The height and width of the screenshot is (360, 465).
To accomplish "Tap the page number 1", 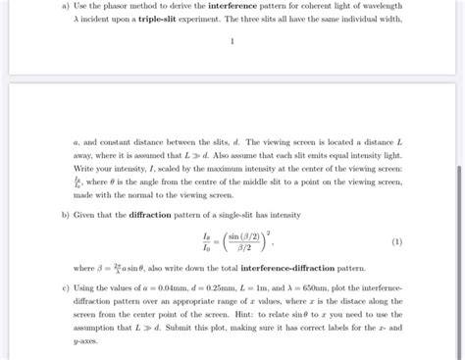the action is click(x=232, y=42).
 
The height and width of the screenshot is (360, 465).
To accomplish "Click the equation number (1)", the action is click(x=396, y=241).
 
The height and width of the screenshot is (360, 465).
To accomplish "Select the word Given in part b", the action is click(x=87, y=215).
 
